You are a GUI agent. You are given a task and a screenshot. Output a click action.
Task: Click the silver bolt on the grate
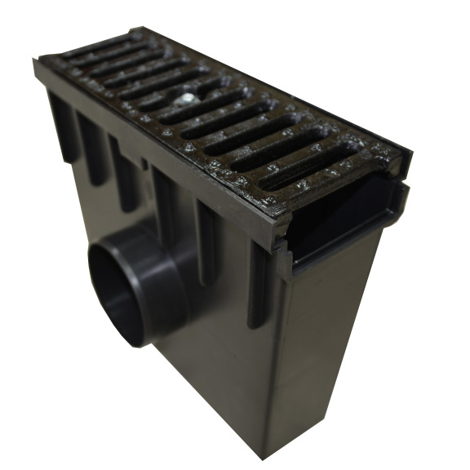click(188, 100)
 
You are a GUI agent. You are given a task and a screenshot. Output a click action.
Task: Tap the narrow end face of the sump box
click(330, 343)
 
